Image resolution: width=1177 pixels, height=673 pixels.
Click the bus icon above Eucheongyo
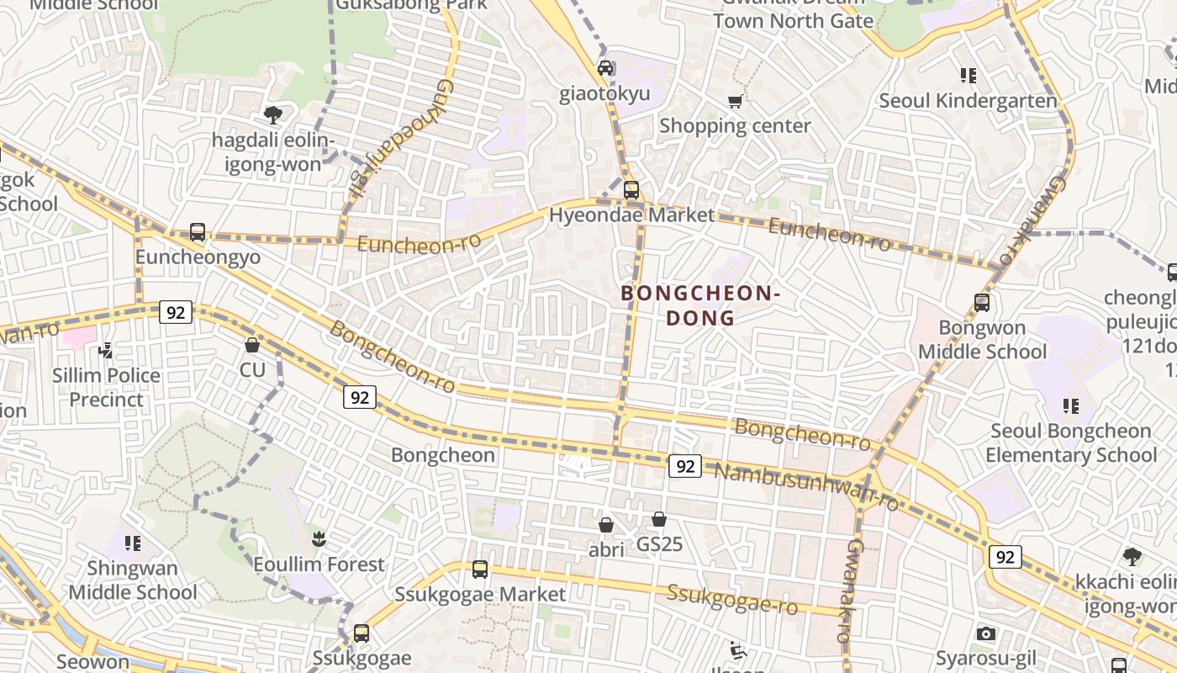coord(198,231)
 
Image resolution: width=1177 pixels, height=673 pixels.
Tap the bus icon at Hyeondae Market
coord(631,189)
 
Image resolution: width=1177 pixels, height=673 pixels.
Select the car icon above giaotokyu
coord(605,67)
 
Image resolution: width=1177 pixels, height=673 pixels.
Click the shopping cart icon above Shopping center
coord(735,101)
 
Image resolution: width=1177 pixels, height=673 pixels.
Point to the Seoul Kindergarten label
coord(968,101)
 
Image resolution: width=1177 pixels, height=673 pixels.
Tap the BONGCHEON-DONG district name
coord(700,305)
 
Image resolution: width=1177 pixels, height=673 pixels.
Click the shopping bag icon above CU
coord(251,345)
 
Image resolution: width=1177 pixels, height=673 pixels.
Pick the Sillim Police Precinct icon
coord(106,350)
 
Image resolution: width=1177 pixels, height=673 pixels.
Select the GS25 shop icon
coord(659,519)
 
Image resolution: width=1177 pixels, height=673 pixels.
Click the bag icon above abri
coord(605,525)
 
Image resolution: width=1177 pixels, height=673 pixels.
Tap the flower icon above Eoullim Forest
coord(319,538)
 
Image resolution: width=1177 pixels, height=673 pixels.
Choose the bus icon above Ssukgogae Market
coord(480,570)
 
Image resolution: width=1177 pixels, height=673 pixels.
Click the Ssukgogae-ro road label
coord(732,599)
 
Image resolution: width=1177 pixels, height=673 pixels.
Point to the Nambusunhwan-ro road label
coord(805,486)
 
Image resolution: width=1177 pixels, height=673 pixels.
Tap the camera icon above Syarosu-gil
coord(986,633)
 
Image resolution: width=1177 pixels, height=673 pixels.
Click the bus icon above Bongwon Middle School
coord(981,303)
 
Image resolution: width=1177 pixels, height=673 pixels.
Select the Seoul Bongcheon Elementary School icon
coord(1071,406)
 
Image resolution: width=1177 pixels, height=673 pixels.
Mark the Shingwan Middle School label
coord(133,580)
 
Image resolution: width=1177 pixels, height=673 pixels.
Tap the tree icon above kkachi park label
coord(1132,556)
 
